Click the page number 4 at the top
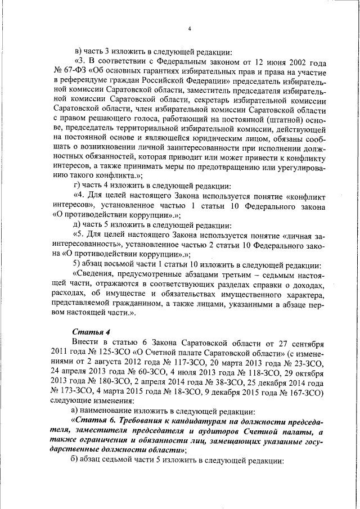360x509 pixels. (190, 28)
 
